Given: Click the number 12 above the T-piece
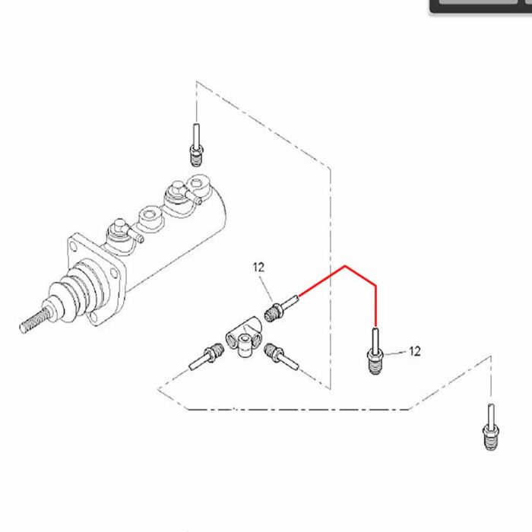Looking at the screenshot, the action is coord(258,268).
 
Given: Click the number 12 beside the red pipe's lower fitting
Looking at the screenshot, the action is coord(415,351).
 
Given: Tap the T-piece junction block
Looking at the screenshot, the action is coord(244,336).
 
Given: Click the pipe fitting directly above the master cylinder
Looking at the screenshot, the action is coord(195,145).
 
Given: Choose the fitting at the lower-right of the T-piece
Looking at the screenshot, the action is coord(282,357).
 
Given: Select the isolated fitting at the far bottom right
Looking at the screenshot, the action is coord(491,427).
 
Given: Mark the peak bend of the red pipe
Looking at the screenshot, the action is coord(345,266).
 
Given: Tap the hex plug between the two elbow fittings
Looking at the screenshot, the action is coord(150,217).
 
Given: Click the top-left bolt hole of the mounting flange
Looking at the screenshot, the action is coord(73,245).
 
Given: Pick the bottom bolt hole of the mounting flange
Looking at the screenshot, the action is coord(93,318).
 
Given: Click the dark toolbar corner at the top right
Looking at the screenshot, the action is coord(481,6).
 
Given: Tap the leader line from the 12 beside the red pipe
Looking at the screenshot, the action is coord(396,353).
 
